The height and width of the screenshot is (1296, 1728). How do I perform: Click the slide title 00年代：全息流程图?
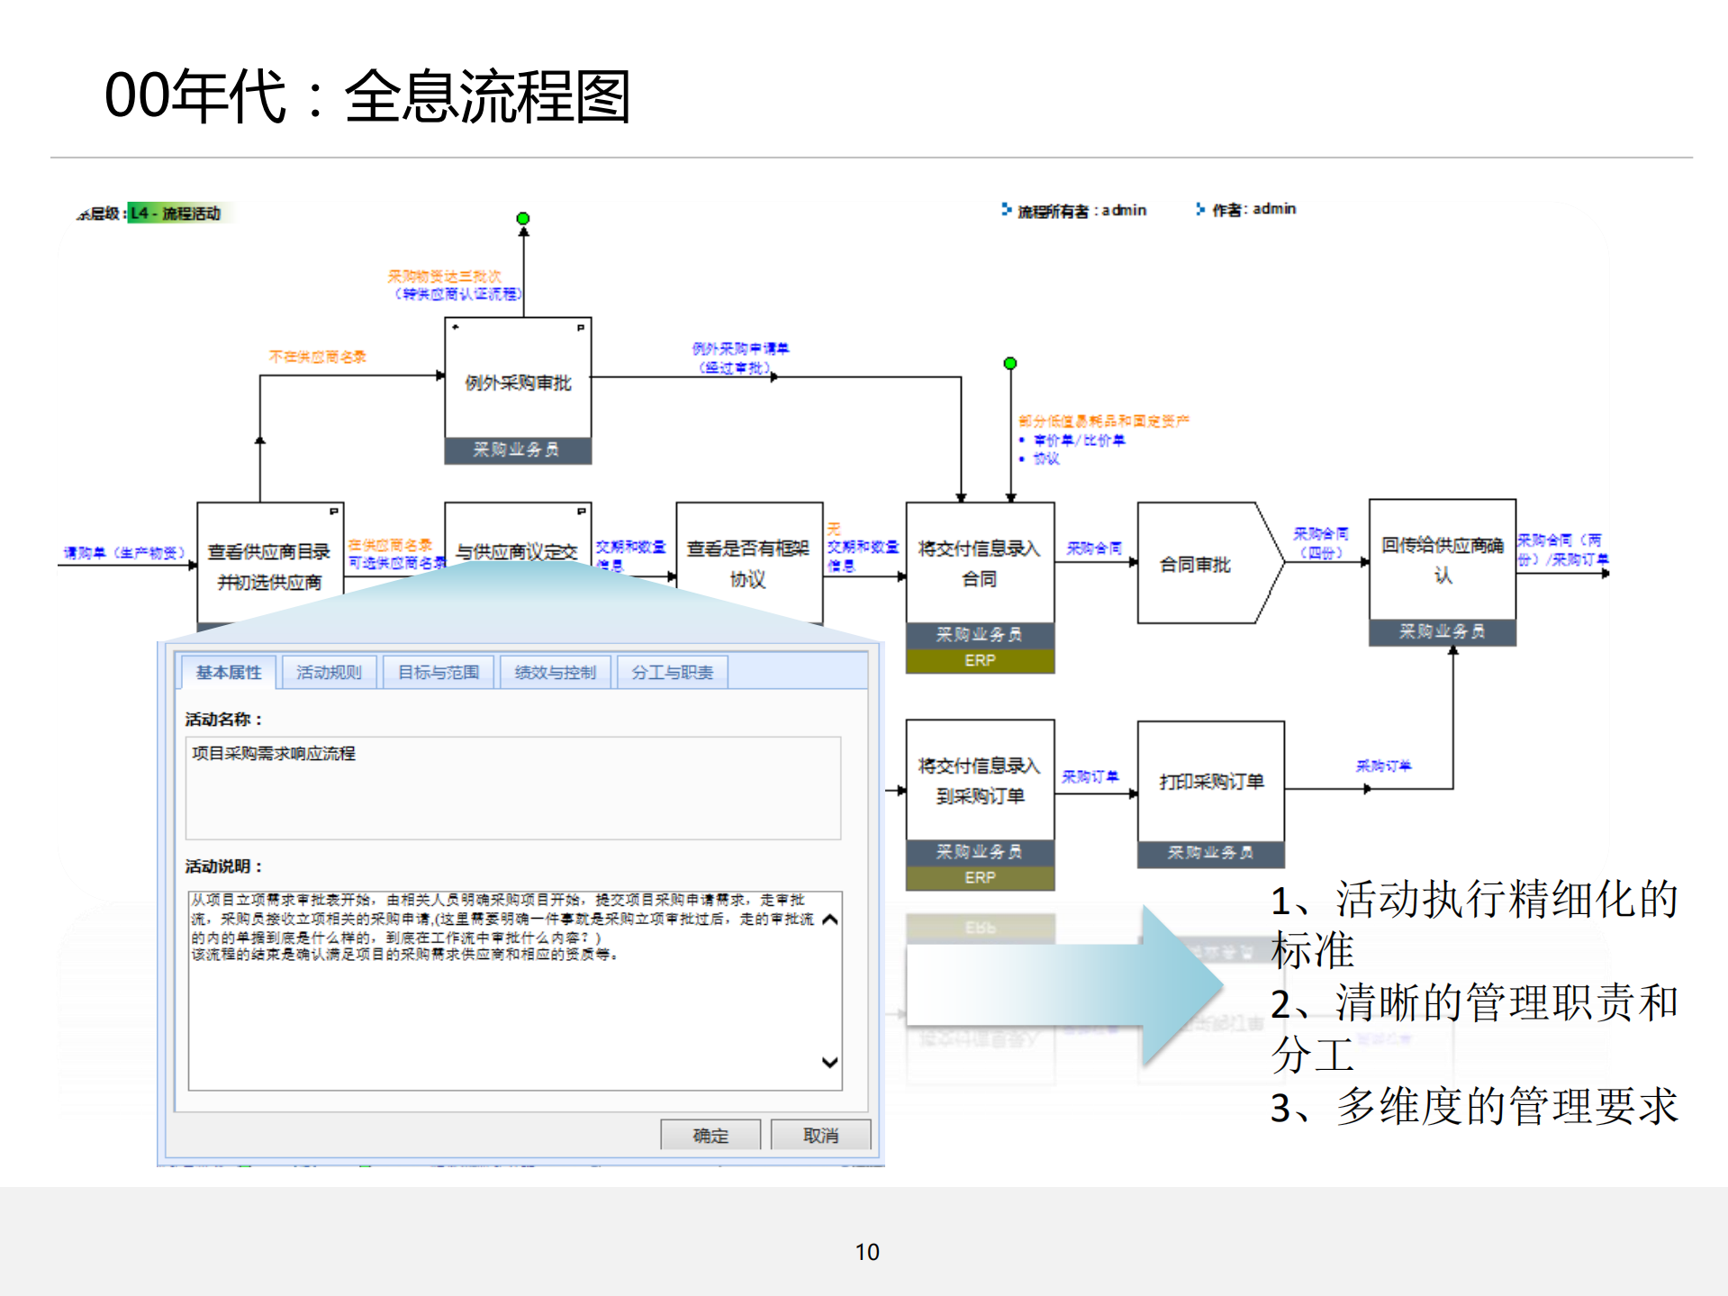coord(367,95)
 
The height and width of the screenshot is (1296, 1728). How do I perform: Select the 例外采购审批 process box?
coord(518,382)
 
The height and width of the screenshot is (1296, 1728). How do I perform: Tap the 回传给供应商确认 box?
coord(1442,559)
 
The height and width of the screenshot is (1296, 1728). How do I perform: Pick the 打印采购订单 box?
coord(1210,781)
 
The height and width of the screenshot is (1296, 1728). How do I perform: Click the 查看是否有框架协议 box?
coord(748,563)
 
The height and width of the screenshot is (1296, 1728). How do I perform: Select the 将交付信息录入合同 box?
coord(979,563)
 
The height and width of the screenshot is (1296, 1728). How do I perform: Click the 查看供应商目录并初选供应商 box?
coord(269,566)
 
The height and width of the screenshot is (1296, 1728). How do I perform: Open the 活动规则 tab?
coord(329,672)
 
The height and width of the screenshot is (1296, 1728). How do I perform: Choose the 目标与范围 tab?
coord(439,672)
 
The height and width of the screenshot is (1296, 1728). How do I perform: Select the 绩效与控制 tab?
coord(555,672)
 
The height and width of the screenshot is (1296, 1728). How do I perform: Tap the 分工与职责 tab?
coord(672,672)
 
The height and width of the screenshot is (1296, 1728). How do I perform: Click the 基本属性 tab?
coord(228,672)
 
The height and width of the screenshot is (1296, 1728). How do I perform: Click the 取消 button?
coord(820,1135)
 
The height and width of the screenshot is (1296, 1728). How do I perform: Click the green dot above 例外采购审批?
coord(523,219)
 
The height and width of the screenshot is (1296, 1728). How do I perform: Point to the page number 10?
coord(866,1252)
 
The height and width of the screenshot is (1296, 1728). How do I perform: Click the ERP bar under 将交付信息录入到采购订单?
coord(980,877)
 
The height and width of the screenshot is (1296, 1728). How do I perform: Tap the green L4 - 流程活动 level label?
coord(176,213)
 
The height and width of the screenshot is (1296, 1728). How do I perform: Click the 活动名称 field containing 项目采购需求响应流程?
coord(512,787)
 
